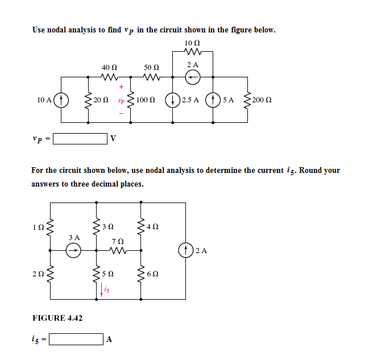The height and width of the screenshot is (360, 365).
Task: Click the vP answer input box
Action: click(x=80, y=138)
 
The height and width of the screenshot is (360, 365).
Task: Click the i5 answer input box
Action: click(x=76, y=339)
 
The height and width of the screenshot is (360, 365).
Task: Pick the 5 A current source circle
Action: click(x=214, y=100)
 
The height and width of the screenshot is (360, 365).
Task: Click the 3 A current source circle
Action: click(x=73, y=250)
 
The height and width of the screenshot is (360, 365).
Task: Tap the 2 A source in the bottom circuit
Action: click(x=186, y=250)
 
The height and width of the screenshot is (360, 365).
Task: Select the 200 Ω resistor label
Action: click(x=262, y=100)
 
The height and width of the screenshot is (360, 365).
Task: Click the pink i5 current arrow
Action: click(x=102, y=289)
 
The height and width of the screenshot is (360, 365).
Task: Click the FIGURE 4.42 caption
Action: click(x=57, y=318)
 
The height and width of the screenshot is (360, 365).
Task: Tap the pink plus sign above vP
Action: click(x=121, y=87)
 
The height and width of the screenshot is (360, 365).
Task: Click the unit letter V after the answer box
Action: click(x=113, y=139)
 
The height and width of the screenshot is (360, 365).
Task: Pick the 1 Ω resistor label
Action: click(x=38, y=229)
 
